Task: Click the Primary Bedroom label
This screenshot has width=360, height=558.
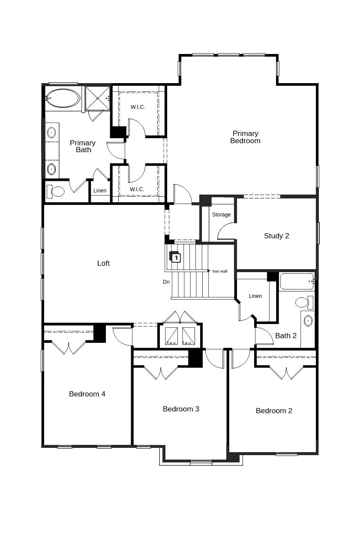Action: [245, 137]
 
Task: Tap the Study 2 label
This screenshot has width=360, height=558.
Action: [276, 236]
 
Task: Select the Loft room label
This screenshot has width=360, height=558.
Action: [103, 263]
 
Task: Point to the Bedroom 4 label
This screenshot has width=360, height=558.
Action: [87, 394]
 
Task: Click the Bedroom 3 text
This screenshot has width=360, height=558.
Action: [181, 409]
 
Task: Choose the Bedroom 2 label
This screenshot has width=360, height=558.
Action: [274, 411]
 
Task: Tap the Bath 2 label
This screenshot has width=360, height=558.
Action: [286, 336]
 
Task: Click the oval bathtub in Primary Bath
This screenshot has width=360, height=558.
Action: [63, 98]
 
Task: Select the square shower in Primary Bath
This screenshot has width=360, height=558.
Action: [97, 98]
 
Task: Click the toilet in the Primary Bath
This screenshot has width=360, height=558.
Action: [56, 191]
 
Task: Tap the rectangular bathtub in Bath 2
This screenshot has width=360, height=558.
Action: [297, 282]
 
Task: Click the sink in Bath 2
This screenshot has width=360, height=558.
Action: [308, 321]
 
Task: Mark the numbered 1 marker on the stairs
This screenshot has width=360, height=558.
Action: [176, 258]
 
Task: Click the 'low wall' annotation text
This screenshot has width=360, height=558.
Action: [220, 271]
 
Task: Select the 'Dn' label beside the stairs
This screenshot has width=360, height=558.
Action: [166, 282]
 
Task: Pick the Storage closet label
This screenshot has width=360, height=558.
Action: [221, 214]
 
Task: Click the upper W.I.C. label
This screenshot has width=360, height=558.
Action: [138, 107]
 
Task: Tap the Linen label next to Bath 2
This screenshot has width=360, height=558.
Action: [255, 296]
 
